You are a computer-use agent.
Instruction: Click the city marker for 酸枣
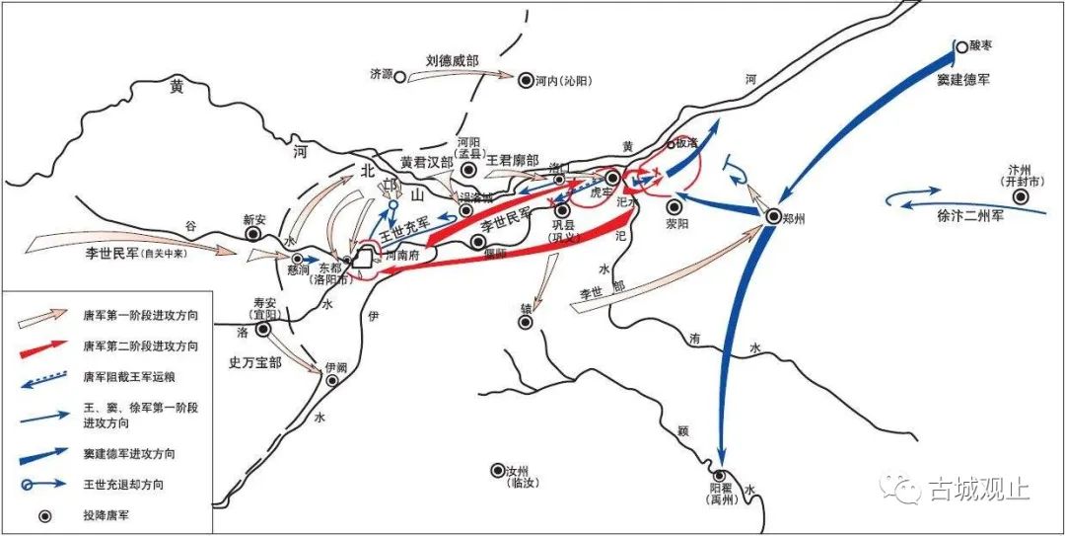tap(961, 45)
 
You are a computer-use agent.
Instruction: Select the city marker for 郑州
tap(774, 216)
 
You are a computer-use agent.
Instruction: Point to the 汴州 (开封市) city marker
tap(1022, 197)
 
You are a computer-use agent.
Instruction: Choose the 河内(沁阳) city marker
tap(526, 79)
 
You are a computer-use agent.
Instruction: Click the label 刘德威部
tap(452, 61)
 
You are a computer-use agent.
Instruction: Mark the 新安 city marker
tap(251, 235)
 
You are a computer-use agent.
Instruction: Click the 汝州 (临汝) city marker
tap(497, 470)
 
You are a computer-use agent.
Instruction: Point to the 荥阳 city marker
tap(674, 207)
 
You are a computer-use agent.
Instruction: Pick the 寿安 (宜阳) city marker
tap(262, 329)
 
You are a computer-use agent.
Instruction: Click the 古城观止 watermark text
tap(980, 488)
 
